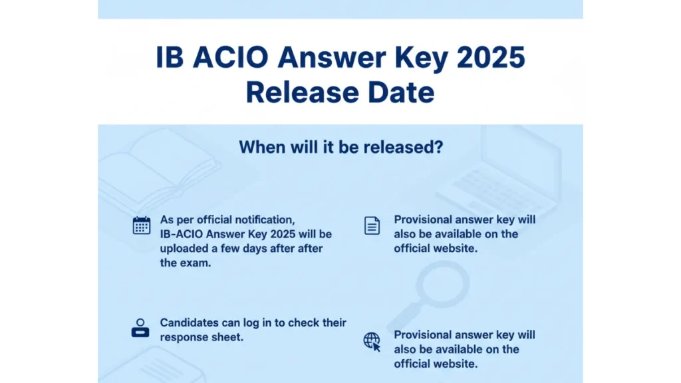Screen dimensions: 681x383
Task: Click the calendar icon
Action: [x=142, y=225]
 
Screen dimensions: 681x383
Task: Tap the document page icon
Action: [x=372, y=226]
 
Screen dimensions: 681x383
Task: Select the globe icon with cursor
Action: [x=372, y=342]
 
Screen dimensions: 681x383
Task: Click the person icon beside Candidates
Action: [x=140, y=328]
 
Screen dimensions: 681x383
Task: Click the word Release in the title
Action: [x=300, y=92]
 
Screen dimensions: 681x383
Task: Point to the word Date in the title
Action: [x=401, y=92]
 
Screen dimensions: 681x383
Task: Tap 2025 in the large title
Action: [x=491, y=58]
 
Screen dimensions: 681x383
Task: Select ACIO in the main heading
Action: [x=230, y=58]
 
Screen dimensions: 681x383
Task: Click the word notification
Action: [x=261, y=219]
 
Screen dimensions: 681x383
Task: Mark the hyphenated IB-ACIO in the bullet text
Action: [x=181, y=234]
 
